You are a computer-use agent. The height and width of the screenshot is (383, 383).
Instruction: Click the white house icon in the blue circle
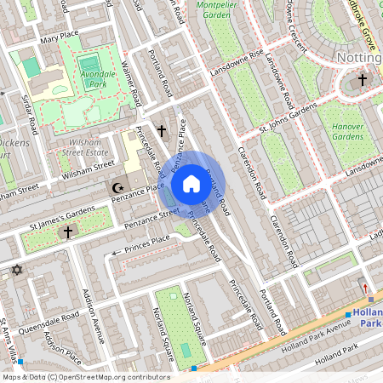click(x=191, y=183)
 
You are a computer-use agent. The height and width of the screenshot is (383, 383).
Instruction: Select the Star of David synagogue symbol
click(x=14, y=271)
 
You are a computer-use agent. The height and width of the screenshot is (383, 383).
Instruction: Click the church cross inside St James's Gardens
click(x=68, y=231)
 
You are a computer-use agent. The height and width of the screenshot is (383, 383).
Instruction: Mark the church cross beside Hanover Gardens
click(x=362, y=81)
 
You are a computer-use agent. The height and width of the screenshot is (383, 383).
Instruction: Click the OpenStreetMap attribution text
click(x=85, y=376)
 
